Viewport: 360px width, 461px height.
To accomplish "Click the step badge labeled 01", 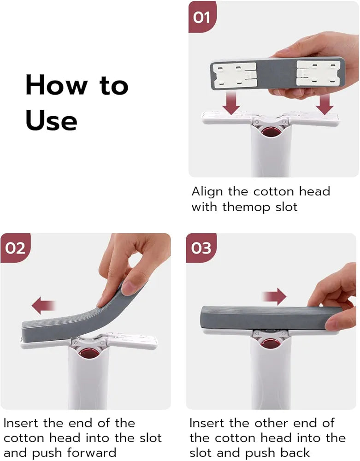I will [201, 18].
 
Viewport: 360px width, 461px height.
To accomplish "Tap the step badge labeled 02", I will [16, 248].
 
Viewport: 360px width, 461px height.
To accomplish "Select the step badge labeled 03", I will [201, 248].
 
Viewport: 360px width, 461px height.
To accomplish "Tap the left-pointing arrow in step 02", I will [44, 305].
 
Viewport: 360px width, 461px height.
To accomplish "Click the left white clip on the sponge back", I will [235, 74].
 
